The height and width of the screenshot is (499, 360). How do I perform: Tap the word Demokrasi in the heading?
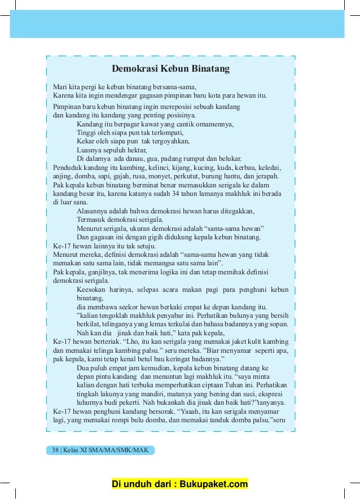point(133,69)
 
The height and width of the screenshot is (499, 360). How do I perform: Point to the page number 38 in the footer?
point(55,450)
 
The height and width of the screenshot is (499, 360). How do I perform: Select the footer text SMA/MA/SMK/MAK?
point(124,450)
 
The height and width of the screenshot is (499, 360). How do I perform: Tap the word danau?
point(139,159)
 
